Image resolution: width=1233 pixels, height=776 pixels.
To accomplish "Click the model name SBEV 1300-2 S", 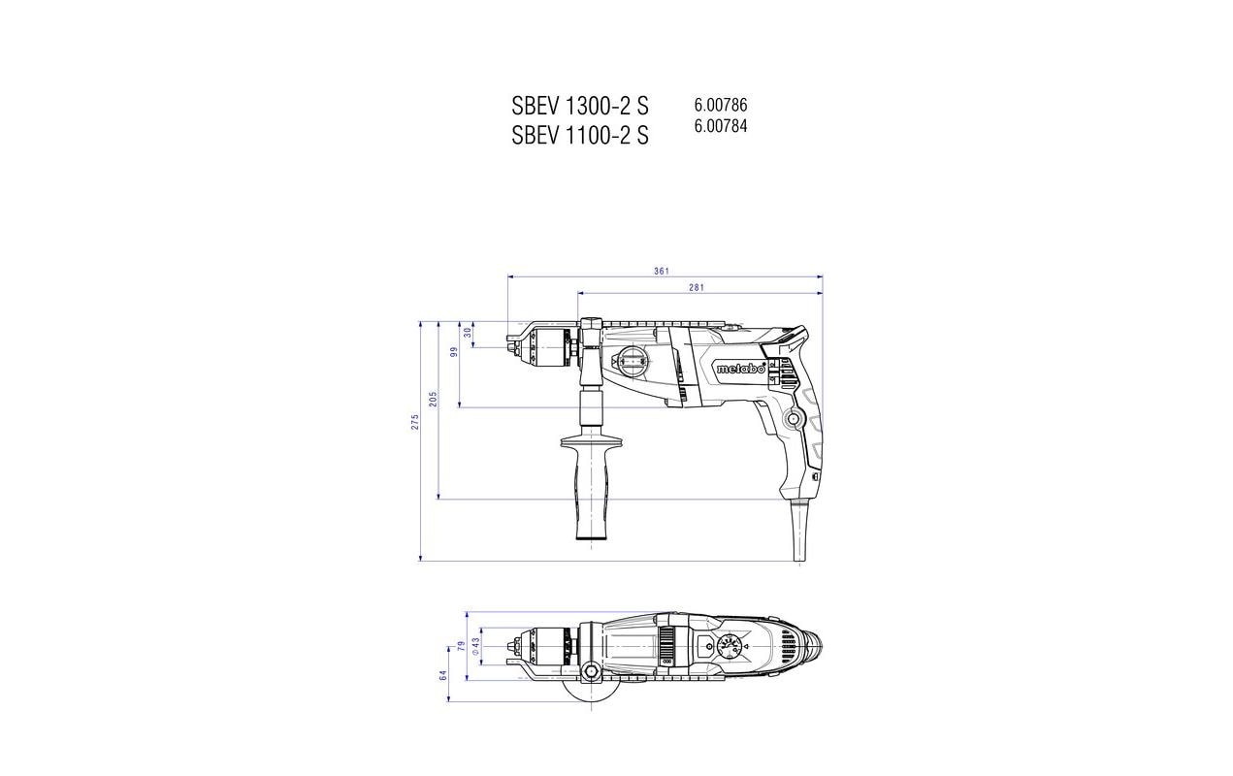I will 580,106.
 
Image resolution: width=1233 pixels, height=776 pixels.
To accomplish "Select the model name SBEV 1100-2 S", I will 580,136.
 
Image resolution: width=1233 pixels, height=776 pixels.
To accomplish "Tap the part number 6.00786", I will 720,105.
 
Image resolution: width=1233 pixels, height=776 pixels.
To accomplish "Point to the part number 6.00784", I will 720,125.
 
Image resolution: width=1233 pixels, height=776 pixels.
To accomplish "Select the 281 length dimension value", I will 696,287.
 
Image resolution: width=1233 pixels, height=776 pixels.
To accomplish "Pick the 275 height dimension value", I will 414,422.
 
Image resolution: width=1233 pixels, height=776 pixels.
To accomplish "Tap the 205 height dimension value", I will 434,399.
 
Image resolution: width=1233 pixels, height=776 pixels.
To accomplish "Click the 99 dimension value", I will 453,352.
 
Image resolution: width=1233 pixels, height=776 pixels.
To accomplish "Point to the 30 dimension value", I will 468,332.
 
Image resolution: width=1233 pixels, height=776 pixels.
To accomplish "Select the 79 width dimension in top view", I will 461,645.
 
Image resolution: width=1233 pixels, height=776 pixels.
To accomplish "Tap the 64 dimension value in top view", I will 444,675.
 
